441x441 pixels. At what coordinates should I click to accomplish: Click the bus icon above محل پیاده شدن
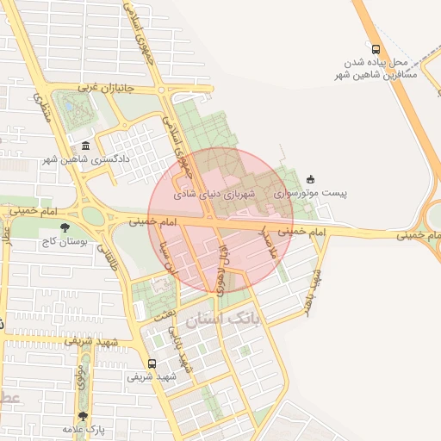coord(375,48)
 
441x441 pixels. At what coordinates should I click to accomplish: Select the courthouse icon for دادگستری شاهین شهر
coord(84,146)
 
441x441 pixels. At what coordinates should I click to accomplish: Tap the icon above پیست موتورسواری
coord(310,179)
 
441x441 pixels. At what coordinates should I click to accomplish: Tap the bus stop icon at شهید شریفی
coord(152,363)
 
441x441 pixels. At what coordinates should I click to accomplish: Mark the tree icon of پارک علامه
coord(83,416)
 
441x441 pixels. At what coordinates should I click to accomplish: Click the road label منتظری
coord(43,108)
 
